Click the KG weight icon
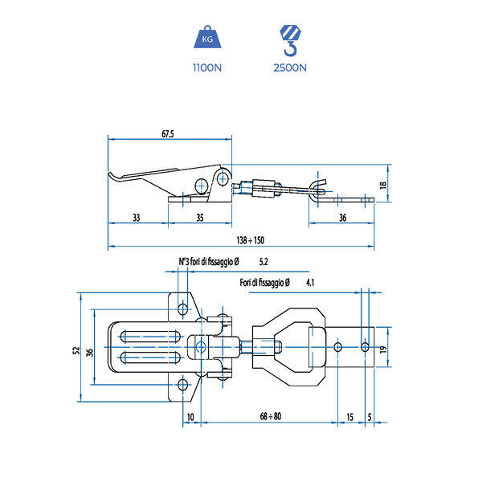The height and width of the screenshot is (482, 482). tap(207, 37)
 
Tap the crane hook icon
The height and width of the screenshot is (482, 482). tap(290, 41)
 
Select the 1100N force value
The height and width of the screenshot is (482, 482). tap(207, 67)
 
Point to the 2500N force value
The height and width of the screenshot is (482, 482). tap(290, 67)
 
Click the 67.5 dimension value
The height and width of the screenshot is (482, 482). tap(168, 133)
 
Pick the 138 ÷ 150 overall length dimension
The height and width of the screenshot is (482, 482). tap(250, 240)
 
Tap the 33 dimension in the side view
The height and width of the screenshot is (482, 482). tap(137, 218)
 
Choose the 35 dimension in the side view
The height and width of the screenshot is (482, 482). tap(200, 218)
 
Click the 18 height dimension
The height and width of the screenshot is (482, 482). tap(383, 185)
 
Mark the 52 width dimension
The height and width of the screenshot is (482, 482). tap(76, 350)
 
